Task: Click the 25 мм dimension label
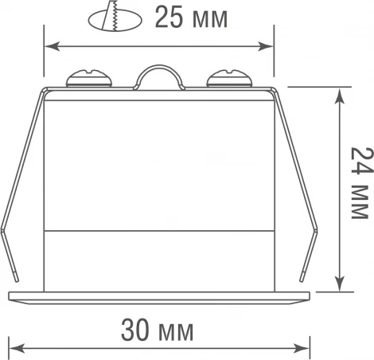pyautogui.click(x=190, y=18)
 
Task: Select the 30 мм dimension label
pyautogui.click(x=158, y=330)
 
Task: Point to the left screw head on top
pyautogui.click(x=88, y=78)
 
